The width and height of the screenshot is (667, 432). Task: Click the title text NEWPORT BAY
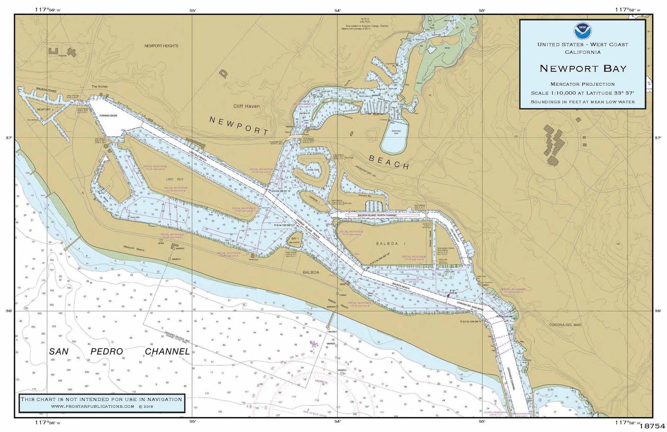tap(583, 68)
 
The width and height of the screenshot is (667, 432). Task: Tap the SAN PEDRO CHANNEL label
tap(119, 351)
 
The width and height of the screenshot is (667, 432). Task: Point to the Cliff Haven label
tap(246, 106)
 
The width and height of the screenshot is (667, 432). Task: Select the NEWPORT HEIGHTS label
tap(161, 46)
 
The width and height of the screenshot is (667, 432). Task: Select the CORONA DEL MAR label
tap(565, 325)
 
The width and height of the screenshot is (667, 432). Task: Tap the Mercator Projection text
tap(582, 84)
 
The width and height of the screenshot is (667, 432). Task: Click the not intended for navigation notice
tap(101, 399)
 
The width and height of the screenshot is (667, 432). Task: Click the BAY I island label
tap(294, 239)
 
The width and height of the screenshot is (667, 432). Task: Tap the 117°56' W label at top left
tap(47, 10)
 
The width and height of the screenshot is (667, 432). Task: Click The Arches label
tap(100, 86)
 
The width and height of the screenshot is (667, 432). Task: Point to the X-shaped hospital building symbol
tap(71, 52)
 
